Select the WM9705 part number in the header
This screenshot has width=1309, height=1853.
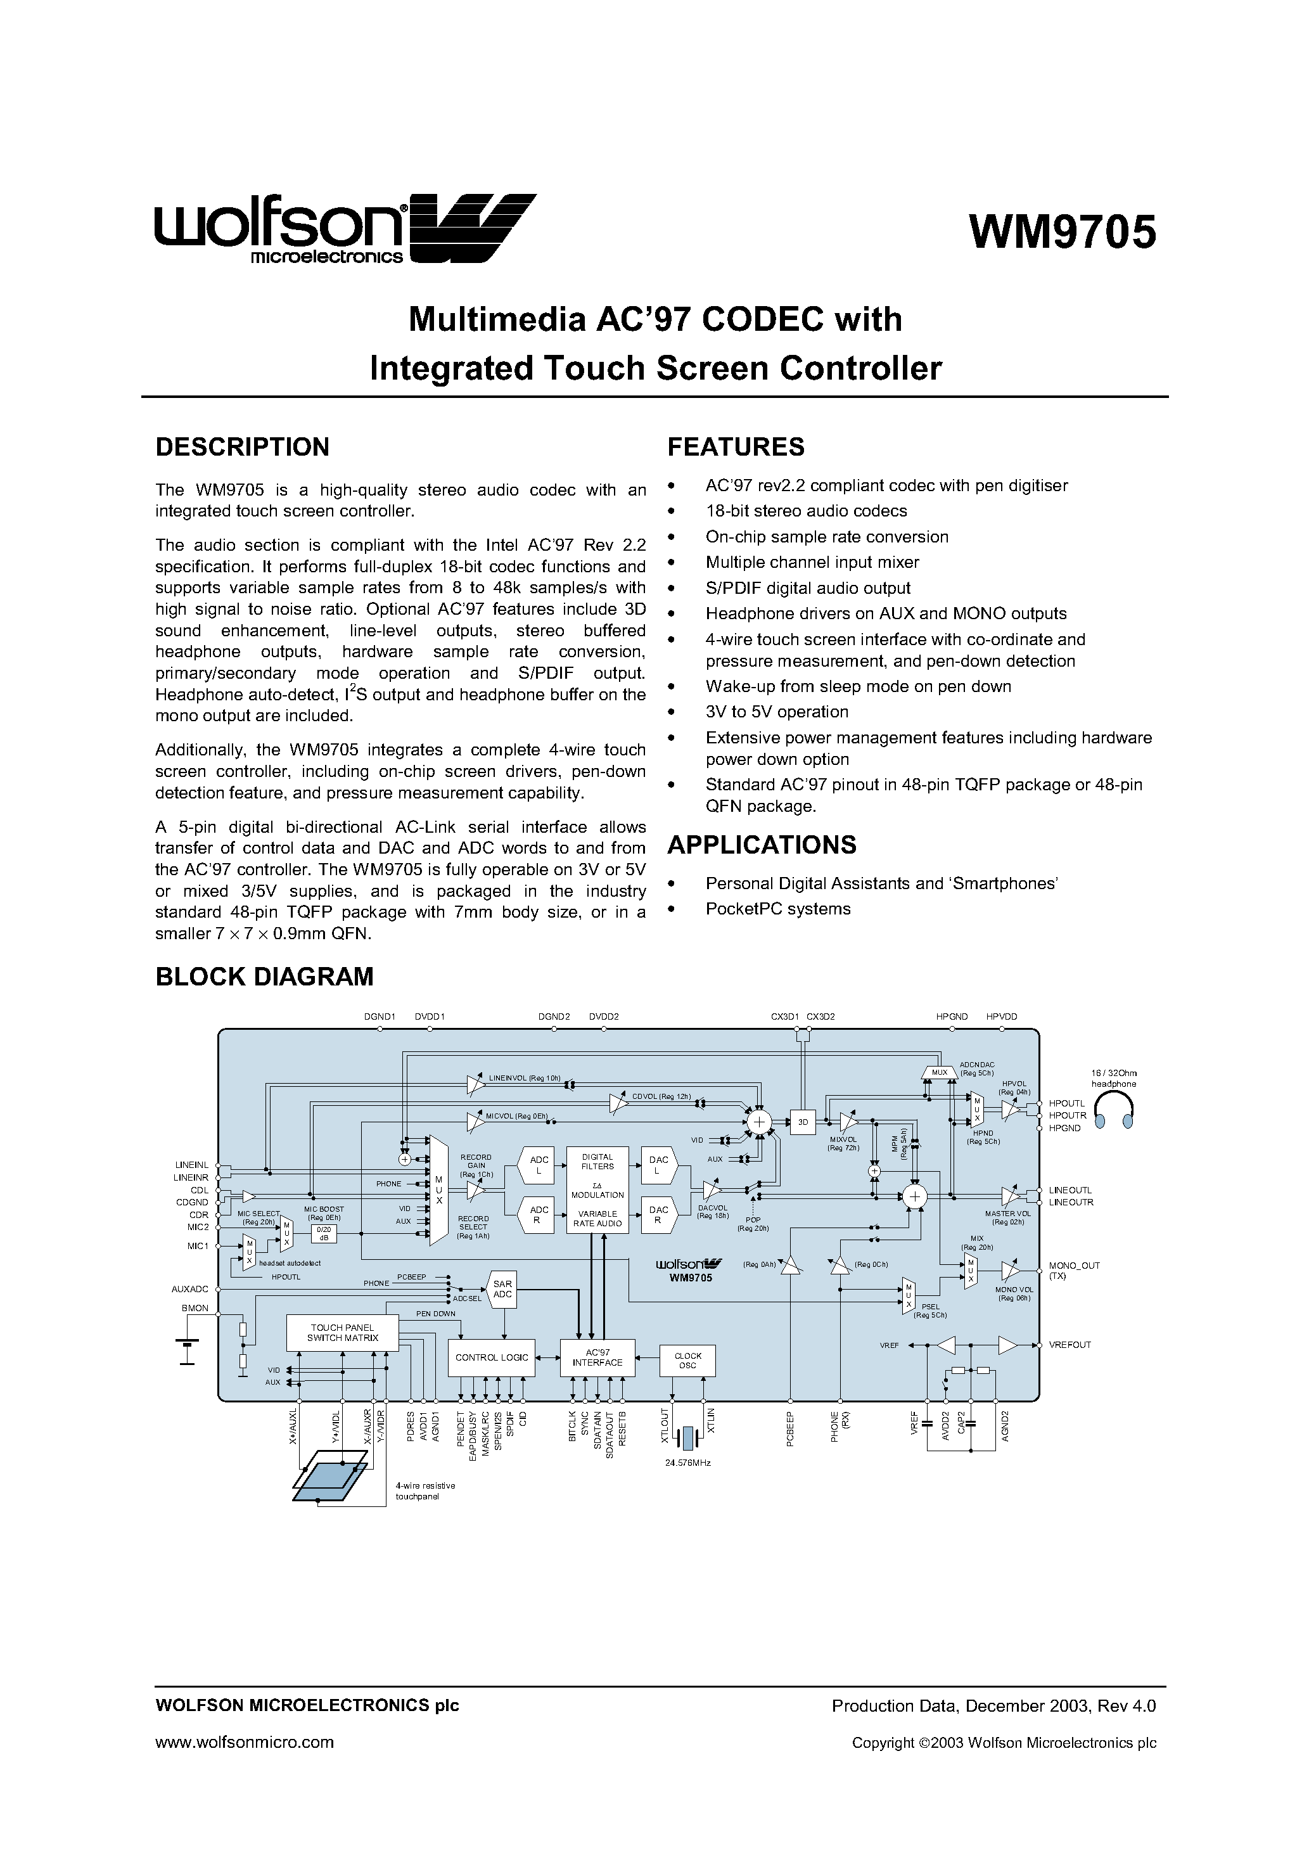(1062, 233)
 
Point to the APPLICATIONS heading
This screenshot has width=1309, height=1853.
(762, 845)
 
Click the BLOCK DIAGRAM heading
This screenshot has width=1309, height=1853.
(264, 977)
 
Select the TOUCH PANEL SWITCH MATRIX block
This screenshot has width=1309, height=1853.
(342, 1333)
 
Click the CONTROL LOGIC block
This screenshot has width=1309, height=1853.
(492, 1357)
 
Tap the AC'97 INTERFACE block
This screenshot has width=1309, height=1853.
(597, 1357)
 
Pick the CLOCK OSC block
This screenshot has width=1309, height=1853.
(687, 1361)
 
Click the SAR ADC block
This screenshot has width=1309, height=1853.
(503, 1289)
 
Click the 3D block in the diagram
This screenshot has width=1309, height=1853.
(803, 1122)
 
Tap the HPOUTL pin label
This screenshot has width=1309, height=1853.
(1067, 1103)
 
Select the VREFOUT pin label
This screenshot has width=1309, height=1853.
(1070, 1345)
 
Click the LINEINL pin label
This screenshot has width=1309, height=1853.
(191, 1165)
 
